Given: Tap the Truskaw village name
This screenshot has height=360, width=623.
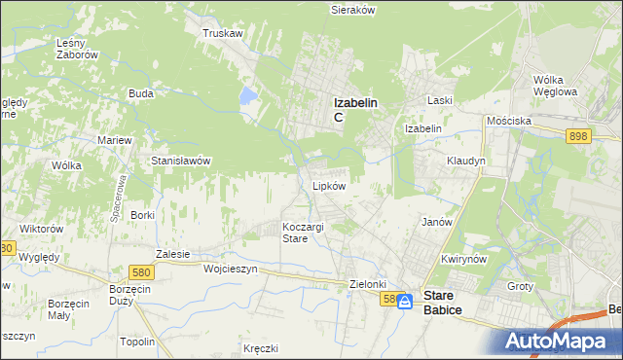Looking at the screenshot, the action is point(221,33).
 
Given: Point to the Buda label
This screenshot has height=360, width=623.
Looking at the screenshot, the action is point(141,94).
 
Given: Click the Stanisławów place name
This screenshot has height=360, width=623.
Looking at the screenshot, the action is point(180,161).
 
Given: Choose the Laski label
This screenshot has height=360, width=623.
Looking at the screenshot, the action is point(442,100).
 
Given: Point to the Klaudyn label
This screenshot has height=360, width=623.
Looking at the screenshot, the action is point(465,161).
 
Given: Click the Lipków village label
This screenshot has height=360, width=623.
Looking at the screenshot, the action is point(328,186).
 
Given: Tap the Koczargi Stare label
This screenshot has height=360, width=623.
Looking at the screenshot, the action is point(298,233).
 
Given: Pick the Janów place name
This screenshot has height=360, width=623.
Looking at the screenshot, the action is point(437,222).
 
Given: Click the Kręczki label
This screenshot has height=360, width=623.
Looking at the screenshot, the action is point(262,348).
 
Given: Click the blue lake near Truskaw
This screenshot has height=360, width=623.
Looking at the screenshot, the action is point(249,97).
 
